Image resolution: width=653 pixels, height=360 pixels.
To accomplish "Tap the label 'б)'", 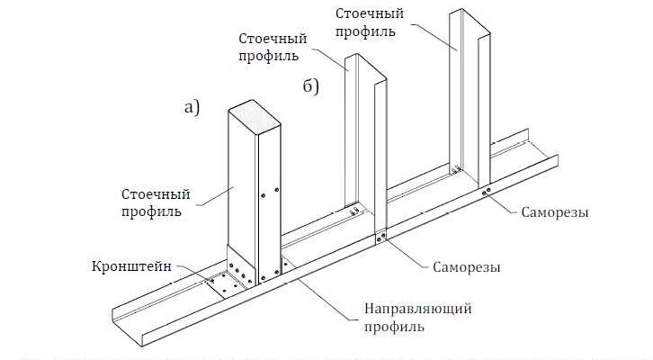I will tap(311, 86).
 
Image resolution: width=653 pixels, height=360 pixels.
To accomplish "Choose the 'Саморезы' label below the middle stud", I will tap(467, 267).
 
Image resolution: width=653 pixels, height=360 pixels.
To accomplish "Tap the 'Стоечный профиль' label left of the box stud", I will tap(150, 203).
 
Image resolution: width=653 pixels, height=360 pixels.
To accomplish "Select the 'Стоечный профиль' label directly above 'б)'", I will tap(272, 49).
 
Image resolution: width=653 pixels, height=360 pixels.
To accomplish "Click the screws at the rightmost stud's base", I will tap(486, 192).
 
